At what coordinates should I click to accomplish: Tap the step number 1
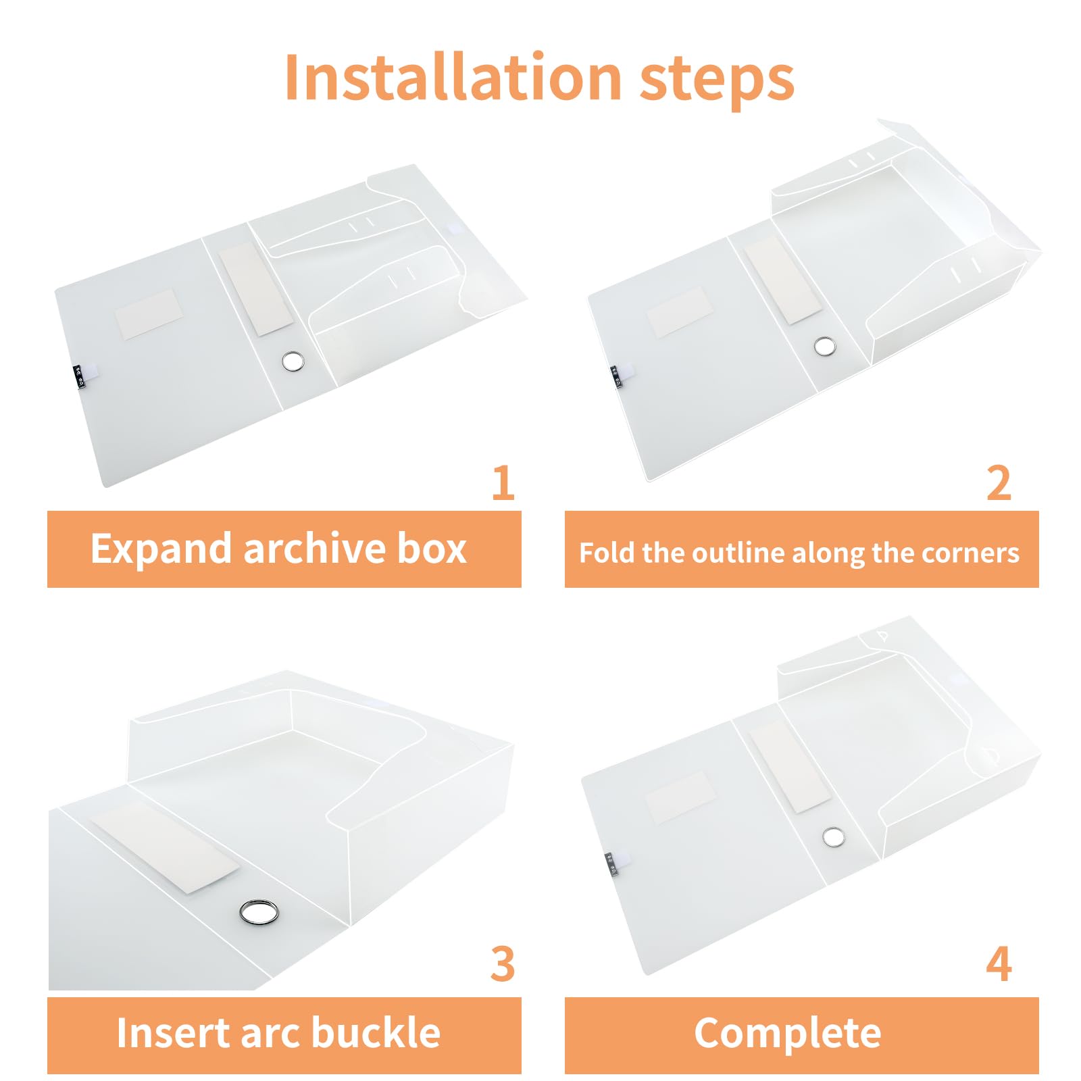click(x=503, y=482)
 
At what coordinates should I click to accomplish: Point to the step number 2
click(x=999, y=482)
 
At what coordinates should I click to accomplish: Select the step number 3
click(x=503, y=963)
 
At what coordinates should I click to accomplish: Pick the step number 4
click(x=999, y=963)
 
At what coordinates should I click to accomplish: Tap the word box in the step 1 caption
click(x=432, y=548)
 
